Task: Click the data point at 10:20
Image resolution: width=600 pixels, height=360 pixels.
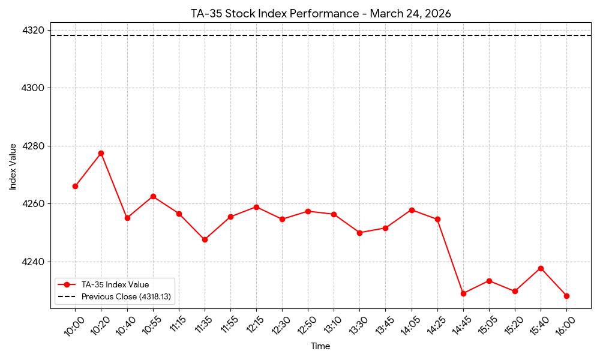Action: (x=101, y=153)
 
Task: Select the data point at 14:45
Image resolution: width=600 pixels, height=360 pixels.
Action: (x=463, y=293)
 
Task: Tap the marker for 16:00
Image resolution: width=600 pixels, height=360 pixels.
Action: (x=566, y=296)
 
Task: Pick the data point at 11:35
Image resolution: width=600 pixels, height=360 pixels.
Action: (x=205, y=239)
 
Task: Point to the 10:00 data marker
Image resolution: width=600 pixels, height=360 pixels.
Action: (x=75, y=186)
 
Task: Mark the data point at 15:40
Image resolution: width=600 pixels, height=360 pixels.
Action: (x=541, y=268)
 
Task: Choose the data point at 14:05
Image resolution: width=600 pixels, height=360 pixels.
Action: (x=412, y=210)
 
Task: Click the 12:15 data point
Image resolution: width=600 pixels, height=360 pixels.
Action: (x=256, y=207)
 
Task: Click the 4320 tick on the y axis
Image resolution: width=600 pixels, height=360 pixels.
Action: (x=34, y=31)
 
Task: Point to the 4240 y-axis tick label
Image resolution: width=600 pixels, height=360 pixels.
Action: (x=34, y=262)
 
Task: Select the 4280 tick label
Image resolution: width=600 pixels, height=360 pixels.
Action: (x=34, y=146)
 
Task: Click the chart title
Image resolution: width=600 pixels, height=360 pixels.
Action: (x=321, y=13)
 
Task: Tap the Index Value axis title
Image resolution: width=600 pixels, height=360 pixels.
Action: (x=13, y=166)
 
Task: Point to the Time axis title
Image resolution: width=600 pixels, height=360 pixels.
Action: (x=320, y=346)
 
